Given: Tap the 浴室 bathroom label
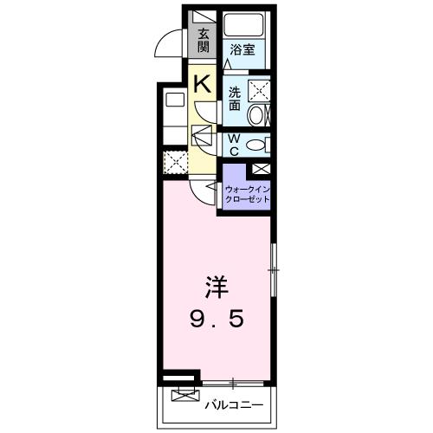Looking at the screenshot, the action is click(242, 49).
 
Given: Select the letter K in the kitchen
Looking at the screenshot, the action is click(203, 83).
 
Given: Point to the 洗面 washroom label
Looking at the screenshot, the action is click(235, 99).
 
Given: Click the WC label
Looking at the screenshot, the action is click(234, 145).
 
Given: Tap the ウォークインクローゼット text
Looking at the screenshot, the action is click(247, 195).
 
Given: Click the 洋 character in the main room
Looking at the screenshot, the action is click(216, 288).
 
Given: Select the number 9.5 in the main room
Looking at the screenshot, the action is click(216, 319).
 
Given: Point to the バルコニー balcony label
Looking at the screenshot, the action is click(234, 405).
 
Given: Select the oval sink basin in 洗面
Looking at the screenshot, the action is click(255, 115).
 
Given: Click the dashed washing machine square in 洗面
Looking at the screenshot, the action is click(259, 91).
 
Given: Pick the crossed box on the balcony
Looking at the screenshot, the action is click(185, 395).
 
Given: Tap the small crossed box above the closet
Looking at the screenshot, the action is click(262, 169).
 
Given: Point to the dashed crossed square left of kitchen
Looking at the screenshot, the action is click(176, 163).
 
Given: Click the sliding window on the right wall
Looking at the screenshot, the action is click(274, 270).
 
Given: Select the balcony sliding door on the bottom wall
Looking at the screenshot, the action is click(233, 384).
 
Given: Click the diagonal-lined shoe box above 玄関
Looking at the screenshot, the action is click(204, 17).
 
